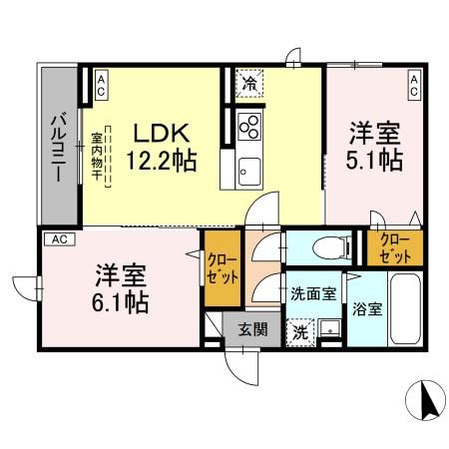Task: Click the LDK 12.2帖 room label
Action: tap(160, 145)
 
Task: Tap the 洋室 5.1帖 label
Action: tap(375, 146)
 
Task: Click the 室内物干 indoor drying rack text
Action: tap(98, 158)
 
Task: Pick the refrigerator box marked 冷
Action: tap(247, 84)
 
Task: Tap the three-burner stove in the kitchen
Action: tap(248, 128)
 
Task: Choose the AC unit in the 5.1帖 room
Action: tap(413, 86)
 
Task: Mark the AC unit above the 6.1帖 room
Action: tap(59, 239)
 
